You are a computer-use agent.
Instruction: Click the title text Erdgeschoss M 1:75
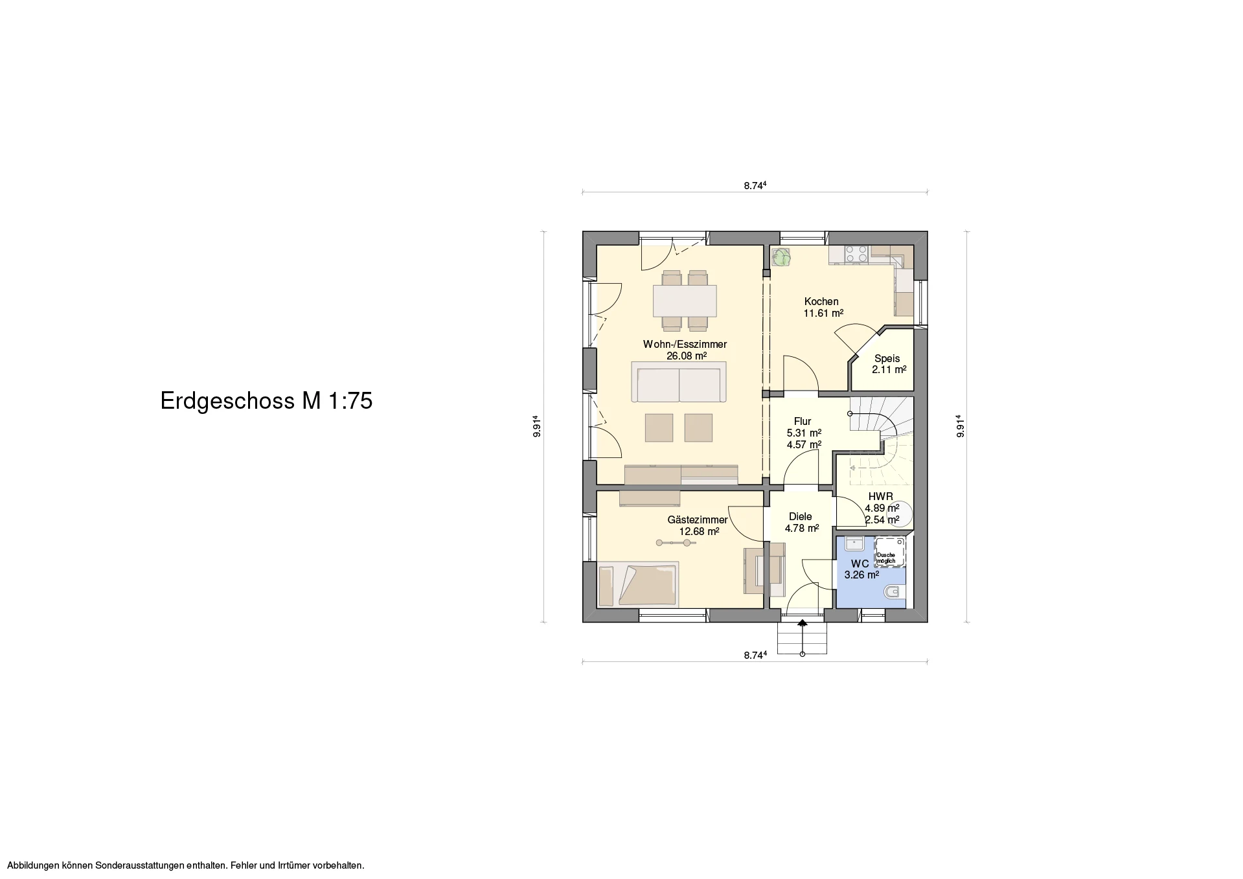[266, 401]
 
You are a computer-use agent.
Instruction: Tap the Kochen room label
[821, 301]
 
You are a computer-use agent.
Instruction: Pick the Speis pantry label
[887, 359]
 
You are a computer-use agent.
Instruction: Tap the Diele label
[801, 516]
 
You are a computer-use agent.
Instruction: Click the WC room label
[860, 564]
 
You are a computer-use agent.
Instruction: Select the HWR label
[881, 497]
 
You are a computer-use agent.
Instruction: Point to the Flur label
[803, 421]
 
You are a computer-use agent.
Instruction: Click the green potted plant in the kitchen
[781, 257]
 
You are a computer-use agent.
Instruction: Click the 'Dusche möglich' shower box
[891, 551]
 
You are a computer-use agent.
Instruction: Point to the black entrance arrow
[803, 623]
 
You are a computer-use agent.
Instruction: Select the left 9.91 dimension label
[537, 426]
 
